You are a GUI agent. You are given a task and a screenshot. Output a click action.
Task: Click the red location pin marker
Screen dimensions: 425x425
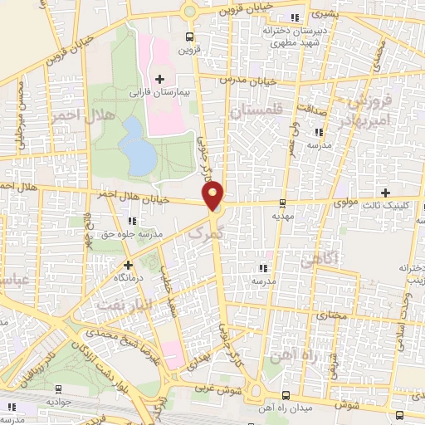coord(214,196)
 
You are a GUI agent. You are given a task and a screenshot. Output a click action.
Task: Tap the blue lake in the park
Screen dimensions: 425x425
coord(136,146)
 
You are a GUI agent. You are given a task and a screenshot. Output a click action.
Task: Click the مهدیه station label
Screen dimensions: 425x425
coord(283,214)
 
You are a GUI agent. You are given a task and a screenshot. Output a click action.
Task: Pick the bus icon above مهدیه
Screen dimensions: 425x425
coord(282,202)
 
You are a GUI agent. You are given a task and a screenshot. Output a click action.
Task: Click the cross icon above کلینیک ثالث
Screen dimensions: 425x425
coord(385,193)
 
